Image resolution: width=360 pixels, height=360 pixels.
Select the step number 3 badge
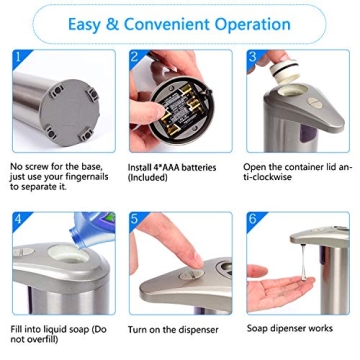[254, 56]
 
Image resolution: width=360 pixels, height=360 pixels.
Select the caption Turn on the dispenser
[173, 328]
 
